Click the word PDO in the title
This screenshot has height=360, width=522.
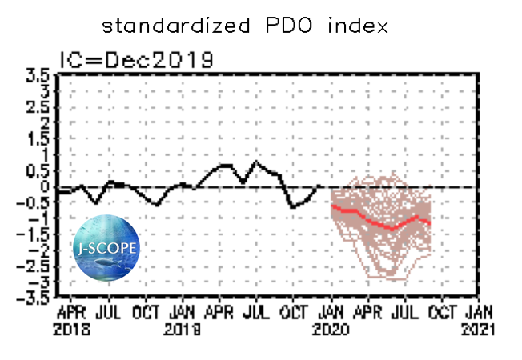click(279, 26)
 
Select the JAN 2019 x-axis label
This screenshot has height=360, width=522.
click(183, 318)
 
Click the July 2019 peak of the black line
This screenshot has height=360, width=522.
click(255, 162)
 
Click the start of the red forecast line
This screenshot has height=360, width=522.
click(331, 205)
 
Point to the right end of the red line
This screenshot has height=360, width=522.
click(430, 223)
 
